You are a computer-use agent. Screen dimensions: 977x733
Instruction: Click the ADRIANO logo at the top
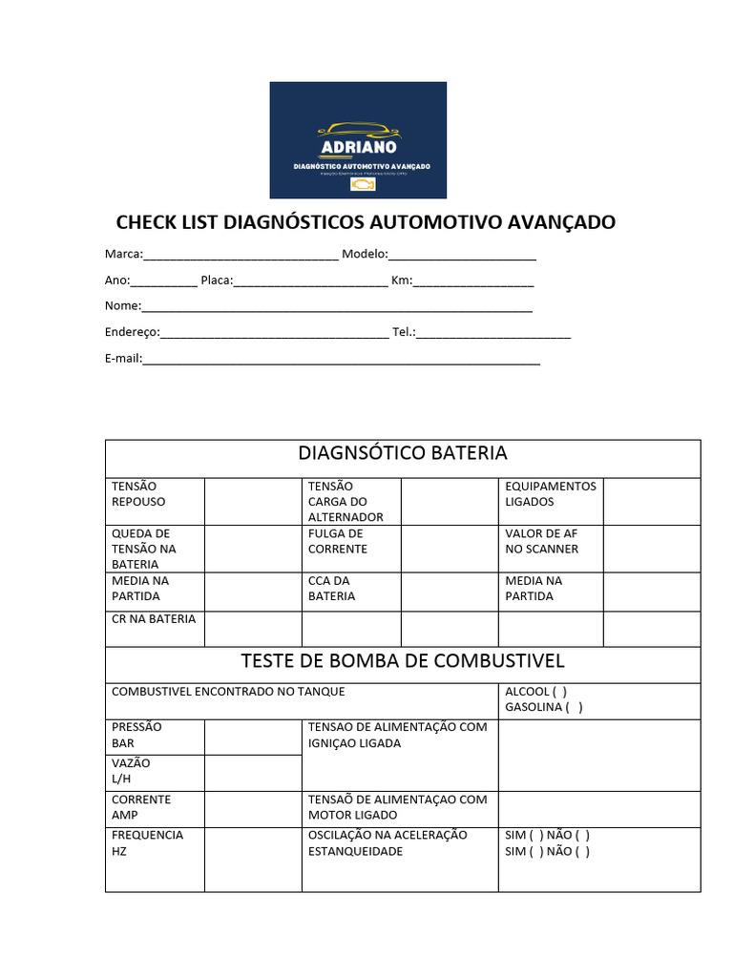click(x=358, y=140)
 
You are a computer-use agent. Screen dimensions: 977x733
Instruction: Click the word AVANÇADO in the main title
click(x=556, y=222)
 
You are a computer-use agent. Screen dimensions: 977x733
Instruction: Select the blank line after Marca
click(x=241, y=256)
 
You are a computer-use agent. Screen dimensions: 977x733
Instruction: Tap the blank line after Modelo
click(x=462, y=256)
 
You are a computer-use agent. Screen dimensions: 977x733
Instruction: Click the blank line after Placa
click(x=310, y=282)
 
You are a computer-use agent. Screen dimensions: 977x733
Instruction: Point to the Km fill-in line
click(x=473, y=282)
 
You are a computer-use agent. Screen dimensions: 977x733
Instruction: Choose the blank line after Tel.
click(x=493, y=334)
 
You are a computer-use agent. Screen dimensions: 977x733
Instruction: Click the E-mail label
click(x=123, y=359)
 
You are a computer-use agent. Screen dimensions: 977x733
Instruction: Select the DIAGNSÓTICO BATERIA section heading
click(x=403, y=452)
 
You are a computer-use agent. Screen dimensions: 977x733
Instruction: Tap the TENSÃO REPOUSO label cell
click(x=138, y=494)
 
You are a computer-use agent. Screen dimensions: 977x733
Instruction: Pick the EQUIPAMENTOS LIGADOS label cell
click(x=550, y=494)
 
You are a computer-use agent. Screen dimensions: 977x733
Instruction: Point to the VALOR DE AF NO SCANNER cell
click(x=541, y=541)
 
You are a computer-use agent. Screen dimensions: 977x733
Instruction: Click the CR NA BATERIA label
click(x=153, y=619)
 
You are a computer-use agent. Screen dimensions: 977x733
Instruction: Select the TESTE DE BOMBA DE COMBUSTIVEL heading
click(x=403, y=660)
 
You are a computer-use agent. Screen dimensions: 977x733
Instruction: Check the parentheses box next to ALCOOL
click(x=559, y=692)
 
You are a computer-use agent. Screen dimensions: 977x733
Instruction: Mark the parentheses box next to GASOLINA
click(x=574, y=708)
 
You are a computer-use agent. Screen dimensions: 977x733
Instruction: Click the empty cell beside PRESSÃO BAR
click(x=253, y=737)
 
